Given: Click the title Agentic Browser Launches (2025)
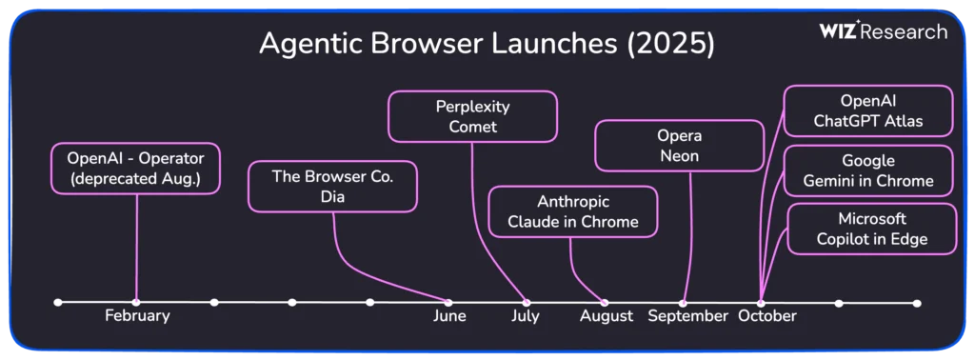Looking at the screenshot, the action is tap(487, 44).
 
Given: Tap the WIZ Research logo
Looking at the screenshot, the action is tap(883, 30).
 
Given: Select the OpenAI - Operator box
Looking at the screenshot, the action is tap(135, 169).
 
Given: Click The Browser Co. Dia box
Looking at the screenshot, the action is tap(332, 187).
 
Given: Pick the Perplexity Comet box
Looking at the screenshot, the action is tap(472, 116).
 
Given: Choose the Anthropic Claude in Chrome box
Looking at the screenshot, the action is tap(572, 211).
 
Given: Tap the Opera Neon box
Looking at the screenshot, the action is tap(679, 146).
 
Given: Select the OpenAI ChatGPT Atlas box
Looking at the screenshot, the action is tap(868, 110).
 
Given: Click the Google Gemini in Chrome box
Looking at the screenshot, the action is tap(868, 171).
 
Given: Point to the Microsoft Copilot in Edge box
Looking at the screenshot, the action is tap(872, 229).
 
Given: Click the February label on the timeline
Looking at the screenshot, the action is tap(137, 316).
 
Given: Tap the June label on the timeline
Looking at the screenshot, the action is tap(449, 316).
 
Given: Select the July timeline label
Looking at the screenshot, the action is tap(526, 316).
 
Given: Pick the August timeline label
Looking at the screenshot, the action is tap(607, 316).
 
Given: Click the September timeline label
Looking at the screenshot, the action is tap(687, 316).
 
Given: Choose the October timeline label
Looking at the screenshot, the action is tap(767, 316).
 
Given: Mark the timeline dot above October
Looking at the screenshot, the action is tap(761, 303).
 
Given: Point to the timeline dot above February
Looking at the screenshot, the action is tap(136, 303).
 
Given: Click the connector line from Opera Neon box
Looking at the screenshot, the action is tap(687, 236).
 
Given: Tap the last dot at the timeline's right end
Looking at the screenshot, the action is tap(917, 304).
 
